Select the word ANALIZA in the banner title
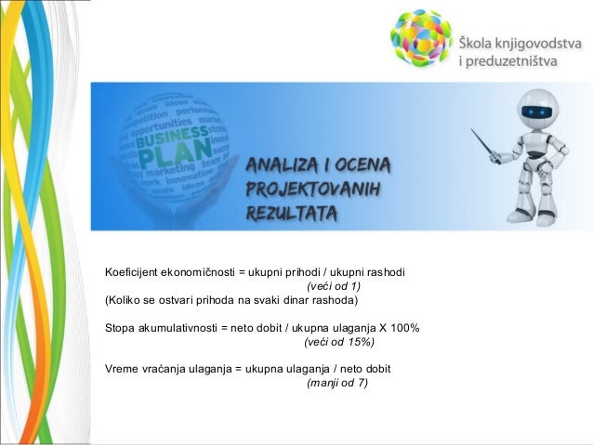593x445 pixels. [281, 167]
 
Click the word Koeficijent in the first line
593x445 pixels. [130, 272]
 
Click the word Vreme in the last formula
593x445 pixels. [122, 369]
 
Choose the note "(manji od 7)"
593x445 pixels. [337, 383]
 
